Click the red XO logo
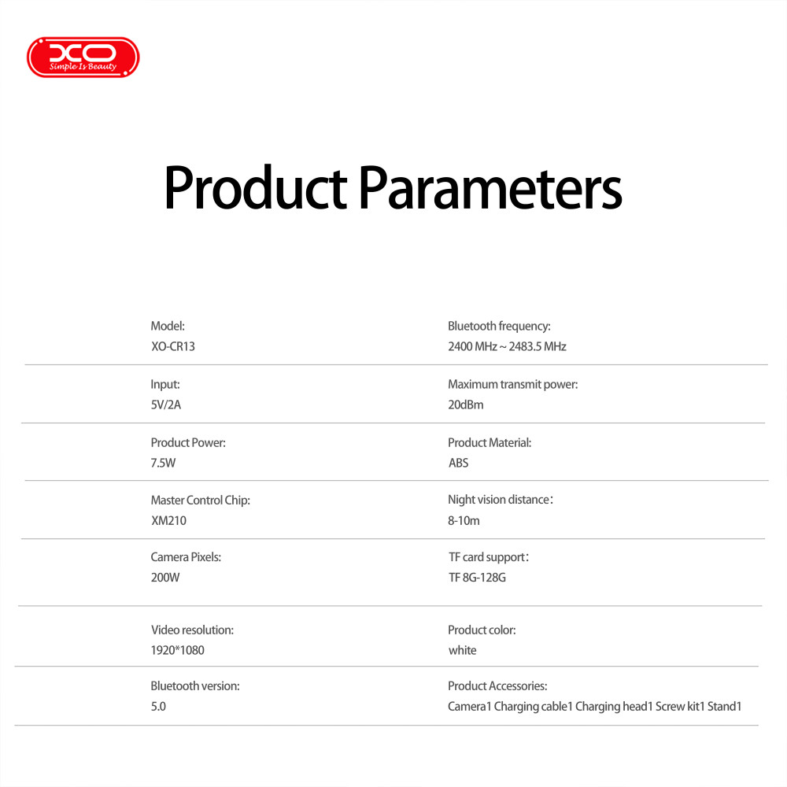tap(83, 57)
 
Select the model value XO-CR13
tap(173, 346)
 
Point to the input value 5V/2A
tap(165, 405)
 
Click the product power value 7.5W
tap(163, 463)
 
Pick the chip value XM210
tap(168, 520)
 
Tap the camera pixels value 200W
tap(165, 577)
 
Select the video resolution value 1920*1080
tap(178, 650)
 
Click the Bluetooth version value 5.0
tap(158, 706)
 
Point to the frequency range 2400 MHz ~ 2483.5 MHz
tap(507, 346)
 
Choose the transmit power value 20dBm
tap(466, 405)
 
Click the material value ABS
tap(458, 463)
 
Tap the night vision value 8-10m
tap(464, 520)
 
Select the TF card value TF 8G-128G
tap(478, 577)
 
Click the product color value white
tap(462, 650)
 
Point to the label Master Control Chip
tap(200, 501)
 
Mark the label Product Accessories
tap(497, 686)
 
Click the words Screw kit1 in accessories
tap(680, 706)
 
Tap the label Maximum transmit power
tap(513, 385)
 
